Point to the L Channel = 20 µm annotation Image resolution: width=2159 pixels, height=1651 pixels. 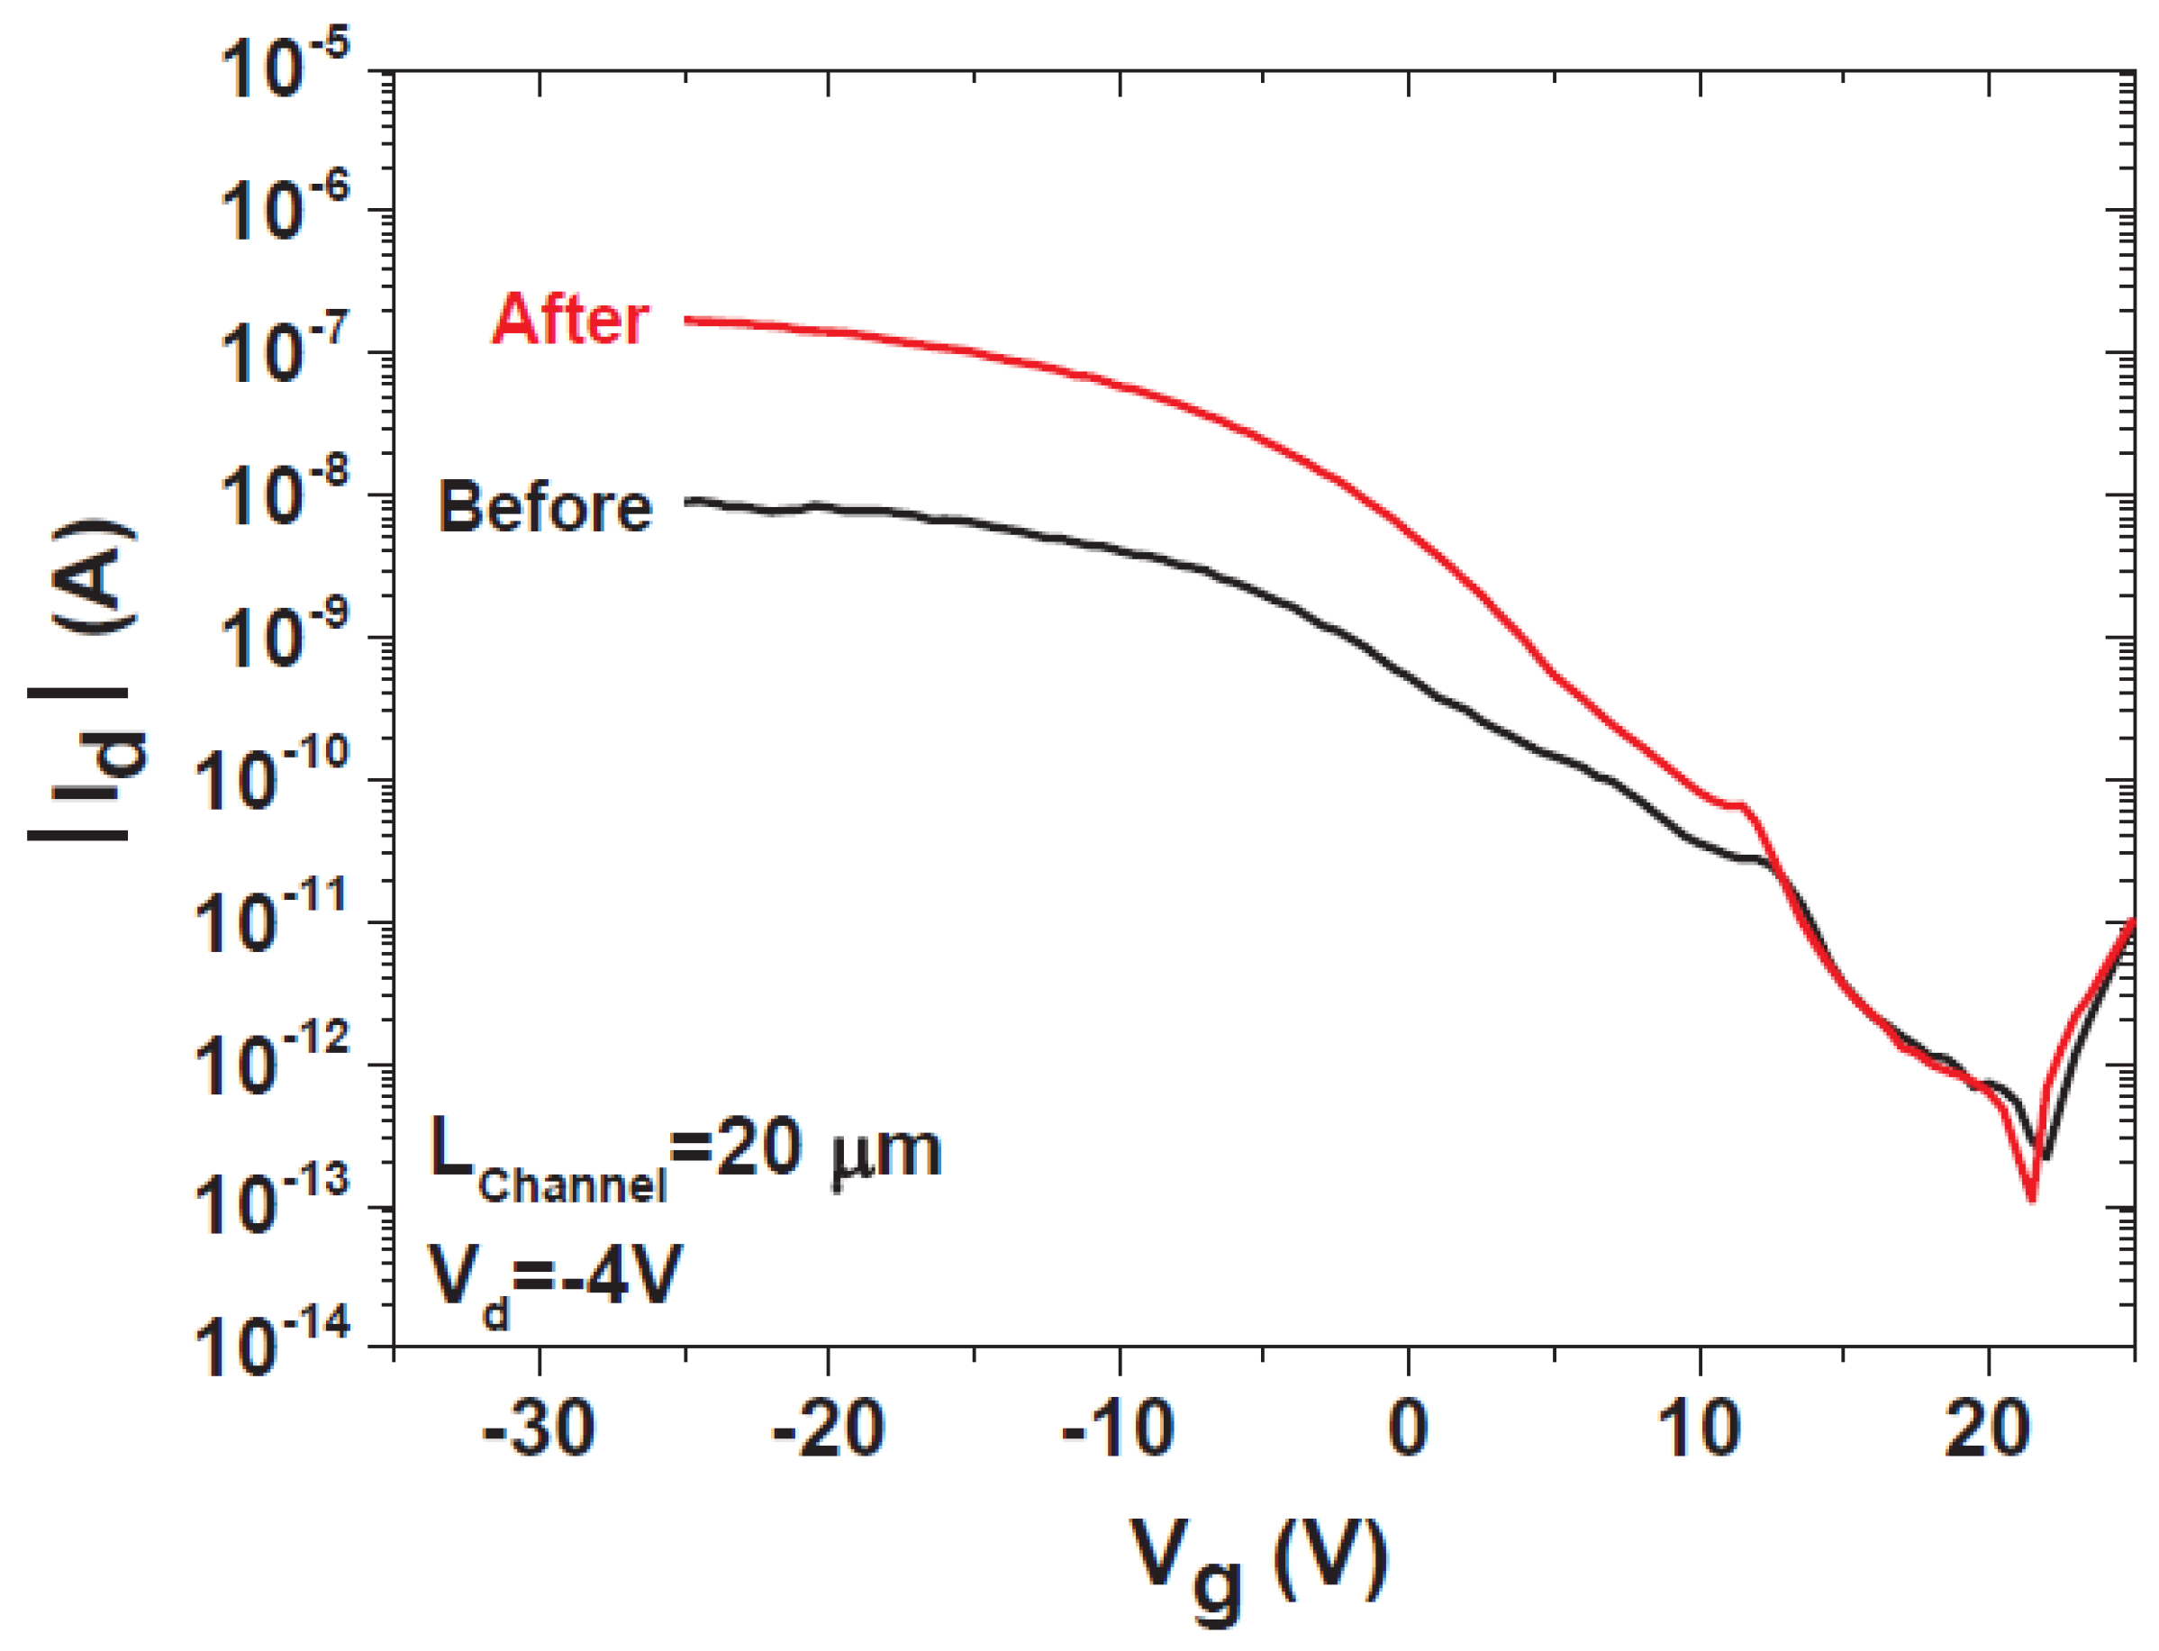tap(685, 1155)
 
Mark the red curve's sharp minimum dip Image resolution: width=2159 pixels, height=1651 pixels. tap(2030, 1198)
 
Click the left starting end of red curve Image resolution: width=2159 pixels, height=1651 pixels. tap(688, 321)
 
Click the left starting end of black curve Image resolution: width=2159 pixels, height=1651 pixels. tap(688, 501)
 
